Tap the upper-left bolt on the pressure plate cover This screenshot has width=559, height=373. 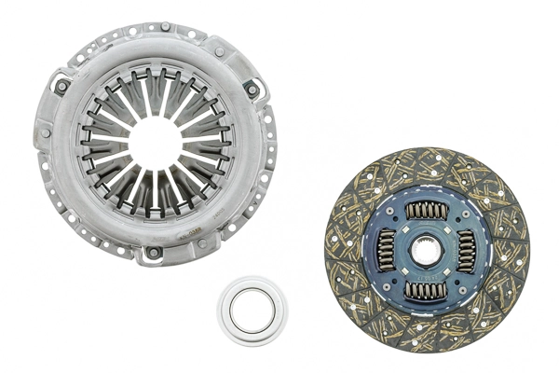[x=61, y=88]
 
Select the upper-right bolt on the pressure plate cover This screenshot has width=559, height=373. [x=251, y=90]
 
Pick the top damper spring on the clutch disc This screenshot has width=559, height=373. [x=427, y=211]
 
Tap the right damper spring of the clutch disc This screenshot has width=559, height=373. [x=466, y=251]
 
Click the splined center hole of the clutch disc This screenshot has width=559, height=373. [x=427, y=250]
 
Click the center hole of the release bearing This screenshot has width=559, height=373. [x=252, y=311]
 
